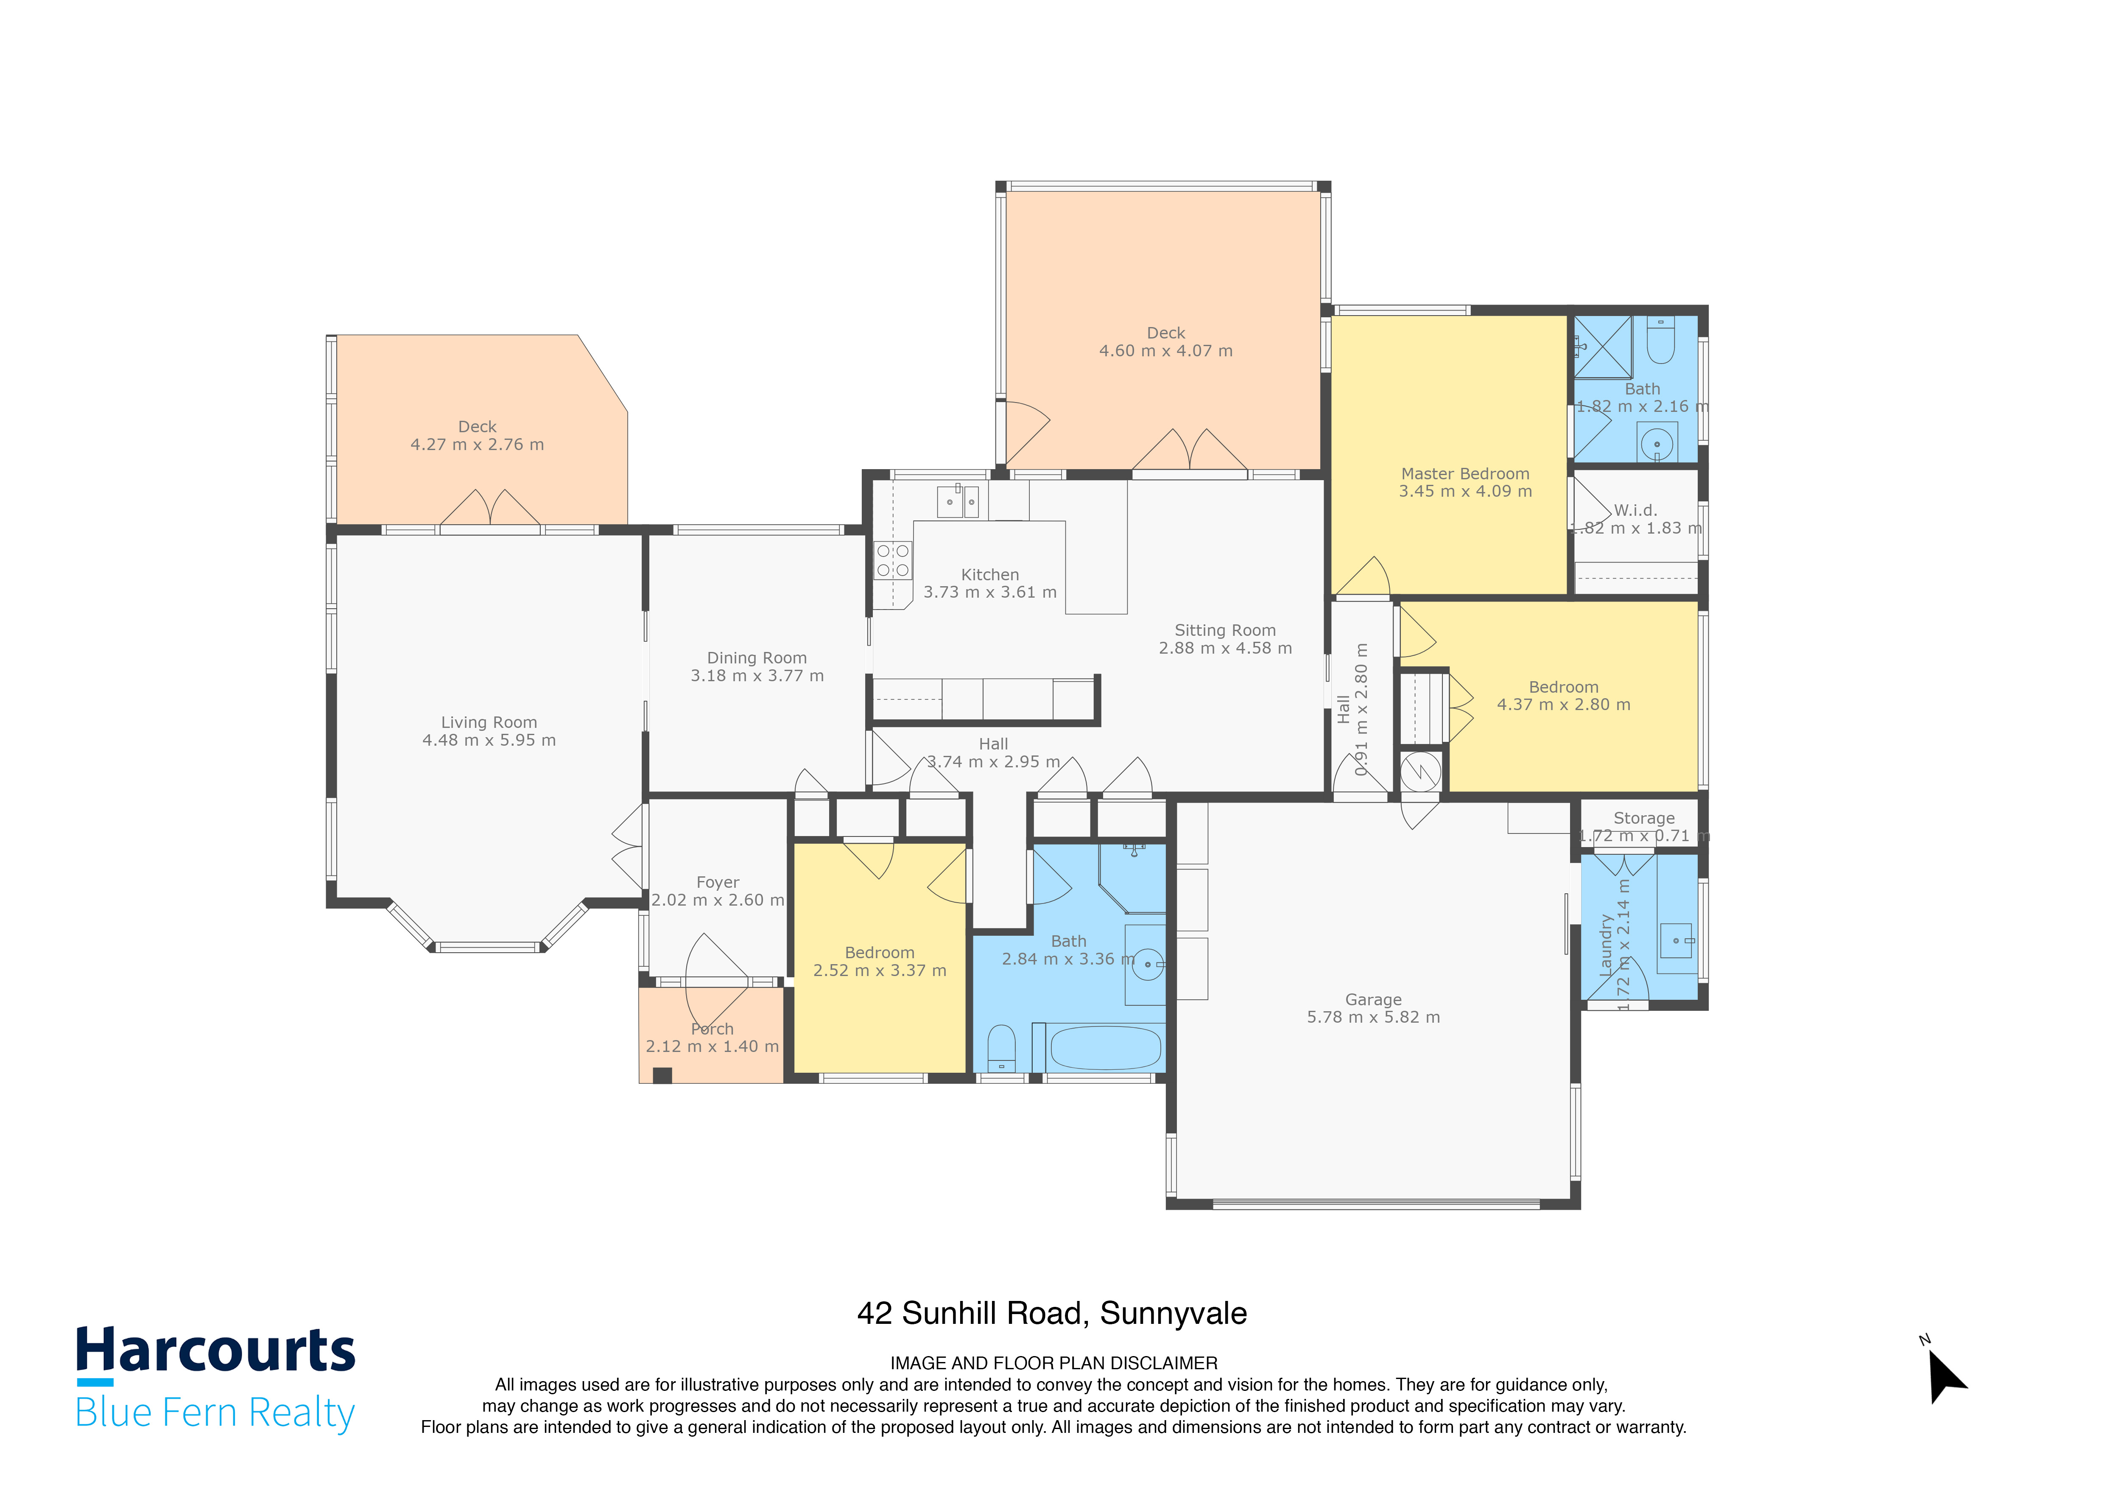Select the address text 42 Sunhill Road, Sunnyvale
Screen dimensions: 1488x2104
1051,1313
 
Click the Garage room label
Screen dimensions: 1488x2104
1373,1000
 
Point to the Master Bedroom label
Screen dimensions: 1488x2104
1464,474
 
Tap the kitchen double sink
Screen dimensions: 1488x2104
958,502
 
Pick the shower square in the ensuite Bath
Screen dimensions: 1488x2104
1603,347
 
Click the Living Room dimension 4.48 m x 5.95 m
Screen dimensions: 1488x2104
489,740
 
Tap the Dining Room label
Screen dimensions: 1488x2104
757,658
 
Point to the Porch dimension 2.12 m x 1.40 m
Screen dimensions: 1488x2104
712,1046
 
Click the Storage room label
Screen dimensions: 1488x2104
1643,818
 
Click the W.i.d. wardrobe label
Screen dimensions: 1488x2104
1636,510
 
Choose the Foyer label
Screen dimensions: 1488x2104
718,882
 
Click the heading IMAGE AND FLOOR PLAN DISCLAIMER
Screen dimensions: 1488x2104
1053,1363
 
